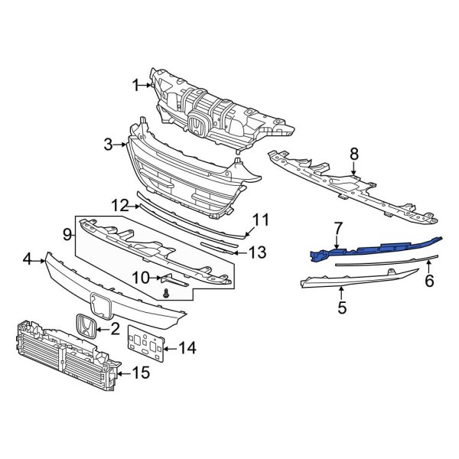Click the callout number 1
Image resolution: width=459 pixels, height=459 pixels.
(136, 86)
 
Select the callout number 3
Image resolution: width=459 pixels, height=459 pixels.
(109, 143)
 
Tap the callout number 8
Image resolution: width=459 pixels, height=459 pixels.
(353, 154)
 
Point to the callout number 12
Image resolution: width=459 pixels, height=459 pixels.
(118, 205)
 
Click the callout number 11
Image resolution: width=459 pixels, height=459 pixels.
(261, 220)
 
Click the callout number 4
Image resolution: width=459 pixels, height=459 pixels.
(27, 260)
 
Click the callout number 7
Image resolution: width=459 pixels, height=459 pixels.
(337, 228)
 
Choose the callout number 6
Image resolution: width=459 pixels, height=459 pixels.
(429, 281)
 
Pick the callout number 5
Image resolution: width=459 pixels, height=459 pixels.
(342, 308)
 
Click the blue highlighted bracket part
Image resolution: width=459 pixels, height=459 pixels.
(367, 249)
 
